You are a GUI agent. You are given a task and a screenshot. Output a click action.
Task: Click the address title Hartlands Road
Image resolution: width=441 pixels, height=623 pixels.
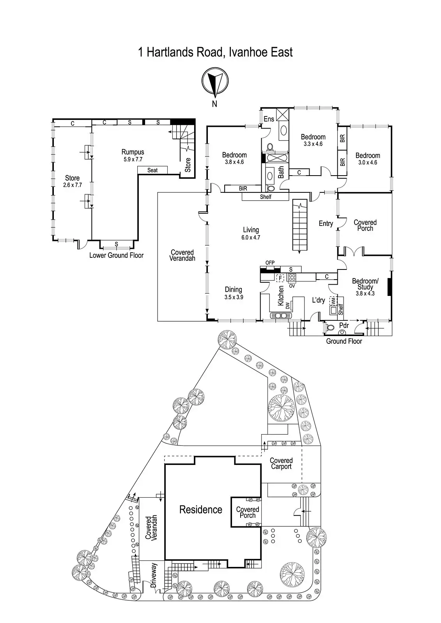[x=215, y=52]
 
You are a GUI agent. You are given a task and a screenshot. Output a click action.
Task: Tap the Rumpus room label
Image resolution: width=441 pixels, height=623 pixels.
[x=133, y=152]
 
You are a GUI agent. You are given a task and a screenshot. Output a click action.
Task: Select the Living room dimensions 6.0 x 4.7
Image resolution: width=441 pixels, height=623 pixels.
[x=251, y=237]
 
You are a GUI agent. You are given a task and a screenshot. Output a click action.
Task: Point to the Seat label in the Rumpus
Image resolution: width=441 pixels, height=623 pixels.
[x=152, y=170]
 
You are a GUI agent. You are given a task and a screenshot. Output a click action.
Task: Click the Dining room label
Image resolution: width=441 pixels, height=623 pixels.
[x=233, y=289]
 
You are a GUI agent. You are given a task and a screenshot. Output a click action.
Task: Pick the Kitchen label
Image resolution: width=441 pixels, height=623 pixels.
[x=281, y=296]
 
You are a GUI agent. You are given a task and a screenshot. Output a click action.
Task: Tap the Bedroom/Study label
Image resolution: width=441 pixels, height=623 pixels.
[x=365, y=284]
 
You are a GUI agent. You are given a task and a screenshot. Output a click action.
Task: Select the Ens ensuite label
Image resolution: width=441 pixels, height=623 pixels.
[x=269, y=119]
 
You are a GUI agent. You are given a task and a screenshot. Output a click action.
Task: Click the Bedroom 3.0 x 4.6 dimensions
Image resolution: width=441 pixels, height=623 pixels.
[x=367, y=162]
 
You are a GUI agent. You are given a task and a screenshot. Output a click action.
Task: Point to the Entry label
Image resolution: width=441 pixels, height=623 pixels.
[x=326, y=224]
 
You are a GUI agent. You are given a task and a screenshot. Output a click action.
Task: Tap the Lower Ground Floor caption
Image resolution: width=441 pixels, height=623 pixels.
[x=116, y=255]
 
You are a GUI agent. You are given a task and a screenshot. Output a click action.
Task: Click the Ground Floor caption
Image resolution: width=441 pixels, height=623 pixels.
[x=344, y=341]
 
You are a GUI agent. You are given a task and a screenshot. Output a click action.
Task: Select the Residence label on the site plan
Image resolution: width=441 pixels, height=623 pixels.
[x=200, y=509]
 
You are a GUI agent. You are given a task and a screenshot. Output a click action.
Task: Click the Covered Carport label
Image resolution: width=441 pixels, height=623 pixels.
[x=281, y=463]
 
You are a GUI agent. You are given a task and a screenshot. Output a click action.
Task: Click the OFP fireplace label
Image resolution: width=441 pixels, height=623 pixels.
[x=270, y=263]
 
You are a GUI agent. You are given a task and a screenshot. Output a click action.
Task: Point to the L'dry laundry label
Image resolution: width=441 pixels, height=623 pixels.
[x=319, y=300]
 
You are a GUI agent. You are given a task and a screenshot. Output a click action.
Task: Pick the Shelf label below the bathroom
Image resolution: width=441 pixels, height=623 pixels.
[x=266, y=197]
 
